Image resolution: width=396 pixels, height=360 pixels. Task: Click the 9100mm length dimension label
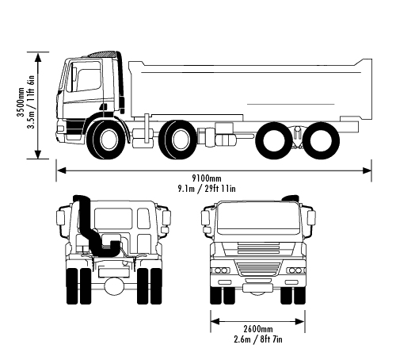(x=206, y=178)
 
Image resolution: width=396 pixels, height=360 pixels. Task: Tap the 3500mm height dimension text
(x=21, y=101)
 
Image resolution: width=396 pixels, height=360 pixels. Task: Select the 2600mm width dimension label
(x=258, y=329)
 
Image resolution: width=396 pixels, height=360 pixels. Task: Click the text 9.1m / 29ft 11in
(x=207, y=189)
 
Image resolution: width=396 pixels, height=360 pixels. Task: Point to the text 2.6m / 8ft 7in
(x=258, y=339)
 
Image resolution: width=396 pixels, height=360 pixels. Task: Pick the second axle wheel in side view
(x=177, y=140)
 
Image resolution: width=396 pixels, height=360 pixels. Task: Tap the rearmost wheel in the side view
(x=321, y=140)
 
